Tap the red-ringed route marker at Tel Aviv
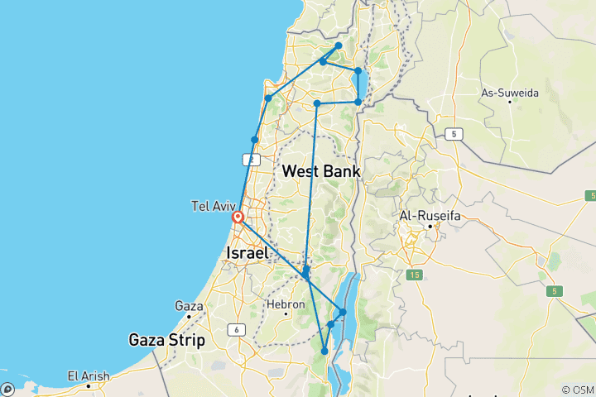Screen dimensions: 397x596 pyautogui.click(x=238, y=218)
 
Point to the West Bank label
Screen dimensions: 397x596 pyautogui.click(x=321, y=171)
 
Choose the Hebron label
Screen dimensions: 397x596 pyautogui.click(x=285, y=304)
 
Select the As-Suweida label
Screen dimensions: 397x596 pyautogui.click(x=510, y=93)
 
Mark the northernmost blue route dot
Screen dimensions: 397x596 pyautogui.click(x=339, y=46)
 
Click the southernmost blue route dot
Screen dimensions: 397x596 pyautogui.click(x=324, y=352)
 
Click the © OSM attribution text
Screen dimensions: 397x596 pyautogui.click(x=576, y=390)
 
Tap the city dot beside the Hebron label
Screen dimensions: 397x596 pyautogui.click(x=286, y=314)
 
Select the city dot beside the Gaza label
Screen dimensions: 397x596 pyautogui.click(x=190, y=316)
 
